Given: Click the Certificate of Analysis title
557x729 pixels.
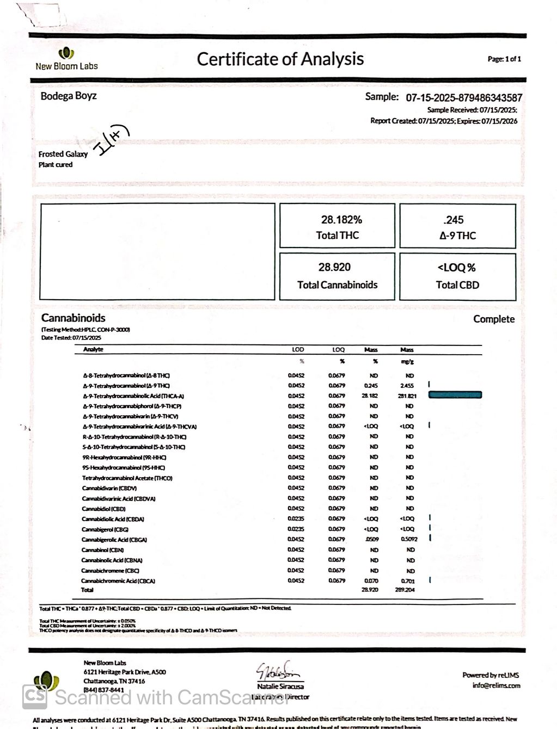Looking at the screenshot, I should (280, 59).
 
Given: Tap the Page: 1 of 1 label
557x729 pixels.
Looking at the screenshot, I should (504, 59).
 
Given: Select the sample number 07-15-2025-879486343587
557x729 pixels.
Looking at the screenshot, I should (464, 98).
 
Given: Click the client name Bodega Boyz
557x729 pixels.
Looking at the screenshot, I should (69, 96).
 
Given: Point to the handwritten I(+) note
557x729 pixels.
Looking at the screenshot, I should (113, 140).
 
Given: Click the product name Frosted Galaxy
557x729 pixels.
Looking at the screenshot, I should (63, 154).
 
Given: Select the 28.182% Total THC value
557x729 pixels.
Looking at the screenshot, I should (341, 220).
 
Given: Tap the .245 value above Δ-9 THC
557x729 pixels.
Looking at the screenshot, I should (454, 220).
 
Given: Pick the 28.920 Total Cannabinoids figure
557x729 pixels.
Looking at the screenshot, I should (334, 267).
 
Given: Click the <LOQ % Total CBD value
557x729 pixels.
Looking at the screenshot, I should (456, 268).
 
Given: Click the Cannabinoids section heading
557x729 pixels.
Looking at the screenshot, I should (73, 318).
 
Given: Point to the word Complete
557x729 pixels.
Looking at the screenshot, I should (493, 319).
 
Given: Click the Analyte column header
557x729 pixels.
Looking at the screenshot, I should (93, 349).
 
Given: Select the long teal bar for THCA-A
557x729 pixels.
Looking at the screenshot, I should (455, 395).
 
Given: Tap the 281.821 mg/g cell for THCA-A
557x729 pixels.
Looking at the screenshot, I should (407, 396).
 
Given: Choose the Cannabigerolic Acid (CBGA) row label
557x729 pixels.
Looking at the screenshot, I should (114, 540).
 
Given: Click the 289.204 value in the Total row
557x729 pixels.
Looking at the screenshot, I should (406, 590).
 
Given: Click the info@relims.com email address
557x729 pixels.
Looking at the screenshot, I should (496, 685).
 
